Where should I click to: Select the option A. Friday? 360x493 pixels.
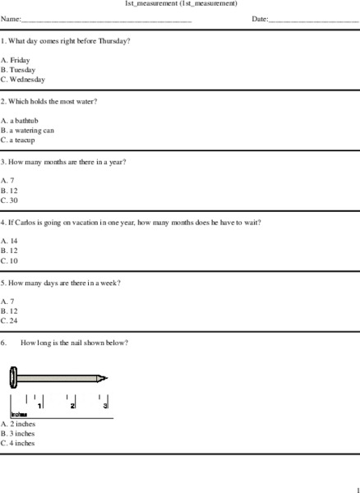(16, 60)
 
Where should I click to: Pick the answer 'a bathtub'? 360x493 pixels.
(20, 120)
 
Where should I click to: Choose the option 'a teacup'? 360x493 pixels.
(20, 140)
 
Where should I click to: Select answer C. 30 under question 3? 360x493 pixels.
(10, 200)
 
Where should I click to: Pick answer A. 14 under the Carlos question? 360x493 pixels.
(10, 241)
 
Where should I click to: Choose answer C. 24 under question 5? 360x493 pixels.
(10, 321)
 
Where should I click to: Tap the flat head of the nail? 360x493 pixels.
(13, 378)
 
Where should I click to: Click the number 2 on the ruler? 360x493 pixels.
(72, 405)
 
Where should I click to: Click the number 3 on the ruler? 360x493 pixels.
(105, 405)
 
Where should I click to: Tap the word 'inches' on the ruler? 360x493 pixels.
(19, 415)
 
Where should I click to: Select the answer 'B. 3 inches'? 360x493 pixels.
(18, 433)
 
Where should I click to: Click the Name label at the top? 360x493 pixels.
(11, 18)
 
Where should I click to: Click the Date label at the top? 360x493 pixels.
(260, 18)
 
